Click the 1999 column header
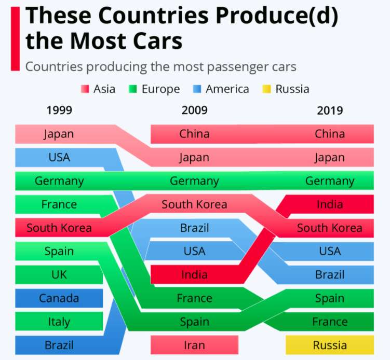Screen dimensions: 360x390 (x=59, y=110)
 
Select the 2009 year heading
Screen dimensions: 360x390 (x=194, y=110)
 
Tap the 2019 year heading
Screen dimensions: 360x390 (x=329, y=110)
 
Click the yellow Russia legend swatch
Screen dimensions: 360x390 (x=266, y=89)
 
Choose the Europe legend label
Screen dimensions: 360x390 (x=160, y=89)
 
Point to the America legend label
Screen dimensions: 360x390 (x=227, y=89)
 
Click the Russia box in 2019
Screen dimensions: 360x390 (x=329, y=345)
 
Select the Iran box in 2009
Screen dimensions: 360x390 (x=194, y=345)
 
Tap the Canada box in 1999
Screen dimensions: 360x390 (x=59, y=298)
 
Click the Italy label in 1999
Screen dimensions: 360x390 (x=59, y=322)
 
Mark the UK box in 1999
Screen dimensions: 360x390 (x=59, y=274)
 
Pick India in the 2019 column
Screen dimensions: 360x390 (x=329, y=204)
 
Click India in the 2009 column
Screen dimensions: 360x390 (x=194, y=274)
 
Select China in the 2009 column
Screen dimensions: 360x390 (x=194, y=134)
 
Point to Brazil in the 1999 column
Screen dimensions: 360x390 (x=59, y=345)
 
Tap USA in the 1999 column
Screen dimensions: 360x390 (x=59, y=157)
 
